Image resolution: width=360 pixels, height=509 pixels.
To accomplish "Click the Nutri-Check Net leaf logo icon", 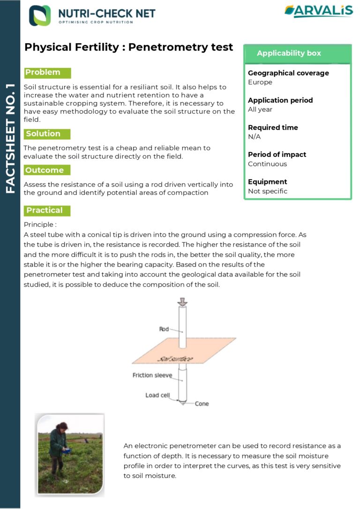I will (40, 15).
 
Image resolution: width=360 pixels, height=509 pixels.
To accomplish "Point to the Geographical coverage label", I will (288, 73).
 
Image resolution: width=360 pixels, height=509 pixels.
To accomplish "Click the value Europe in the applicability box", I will (260, 82).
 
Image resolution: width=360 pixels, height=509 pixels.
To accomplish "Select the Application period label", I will (280, 100).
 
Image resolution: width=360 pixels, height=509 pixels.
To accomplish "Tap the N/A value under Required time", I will (254, 137).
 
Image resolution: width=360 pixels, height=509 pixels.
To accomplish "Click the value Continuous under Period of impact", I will (267, 164).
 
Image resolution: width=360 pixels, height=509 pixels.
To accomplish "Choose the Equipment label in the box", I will (268, 182).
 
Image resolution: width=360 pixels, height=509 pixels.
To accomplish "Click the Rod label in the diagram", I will (164, 329).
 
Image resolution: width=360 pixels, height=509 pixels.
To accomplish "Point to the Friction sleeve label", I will (152, 375).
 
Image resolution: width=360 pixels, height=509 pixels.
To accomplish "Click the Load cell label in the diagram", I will (157, 395).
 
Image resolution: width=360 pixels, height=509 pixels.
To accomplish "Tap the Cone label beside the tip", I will (202, 404).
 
